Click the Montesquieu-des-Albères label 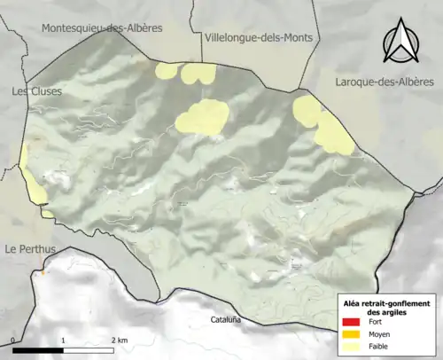coord(102,28)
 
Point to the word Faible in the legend coord(380,347)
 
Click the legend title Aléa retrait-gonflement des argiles coord(390,308)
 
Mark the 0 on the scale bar coord(14,340)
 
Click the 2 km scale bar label coord(120,340)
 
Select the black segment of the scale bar coord(38,350)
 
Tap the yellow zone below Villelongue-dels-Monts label coord(203,117)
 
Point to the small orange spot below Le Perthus coord(42,272)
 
